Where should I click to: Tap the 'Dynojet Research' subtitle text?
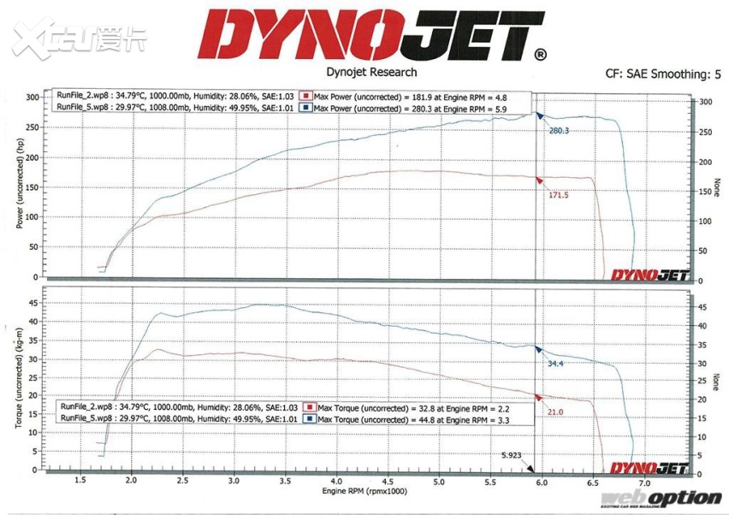(372, 73)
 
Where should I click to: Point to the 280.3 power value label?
(559, 131)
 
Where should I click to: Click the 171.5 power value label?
(559, 195)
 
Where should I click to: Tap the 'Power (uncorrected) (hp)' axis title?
(20, 184)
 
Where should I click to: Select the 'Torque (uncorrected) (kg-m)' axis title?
(20, 376)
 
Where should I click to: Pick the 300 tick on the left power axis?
(32, 98)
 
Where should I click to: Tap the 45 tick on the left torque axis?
(34, 302)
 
